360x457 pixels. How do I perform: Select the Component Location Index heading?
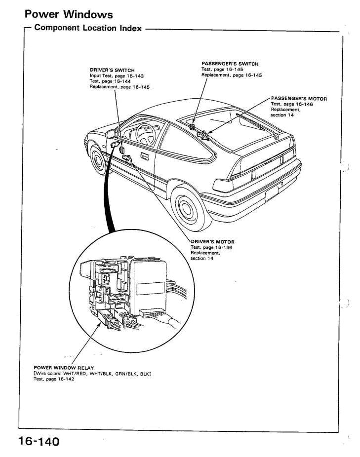[x=88, y=28]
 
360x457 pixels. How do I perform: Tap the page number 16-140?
[x=39, y=441]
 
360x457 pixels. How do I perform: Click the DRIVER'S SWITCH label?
[x=112, y=70]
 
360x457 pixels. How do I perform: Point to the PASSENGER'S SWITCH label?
[x=230, y=64]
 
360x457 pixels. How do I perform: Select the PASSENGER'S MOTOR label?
[x=299, y=99]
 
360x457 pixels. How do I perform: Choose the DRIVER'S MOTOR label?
[x=212, y=242]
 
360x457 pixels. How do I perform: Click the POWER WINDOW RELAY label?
[x=64, y=368]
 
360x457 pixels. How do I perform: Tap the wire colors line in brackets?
[x=92, y=374]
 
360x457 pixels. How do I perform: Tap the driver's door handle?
[x=145, y=156]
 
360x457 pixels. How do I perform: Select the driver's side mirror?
[x=111, y=133]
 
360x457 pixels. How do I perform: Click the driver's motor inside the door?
[x=128, y=158]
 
